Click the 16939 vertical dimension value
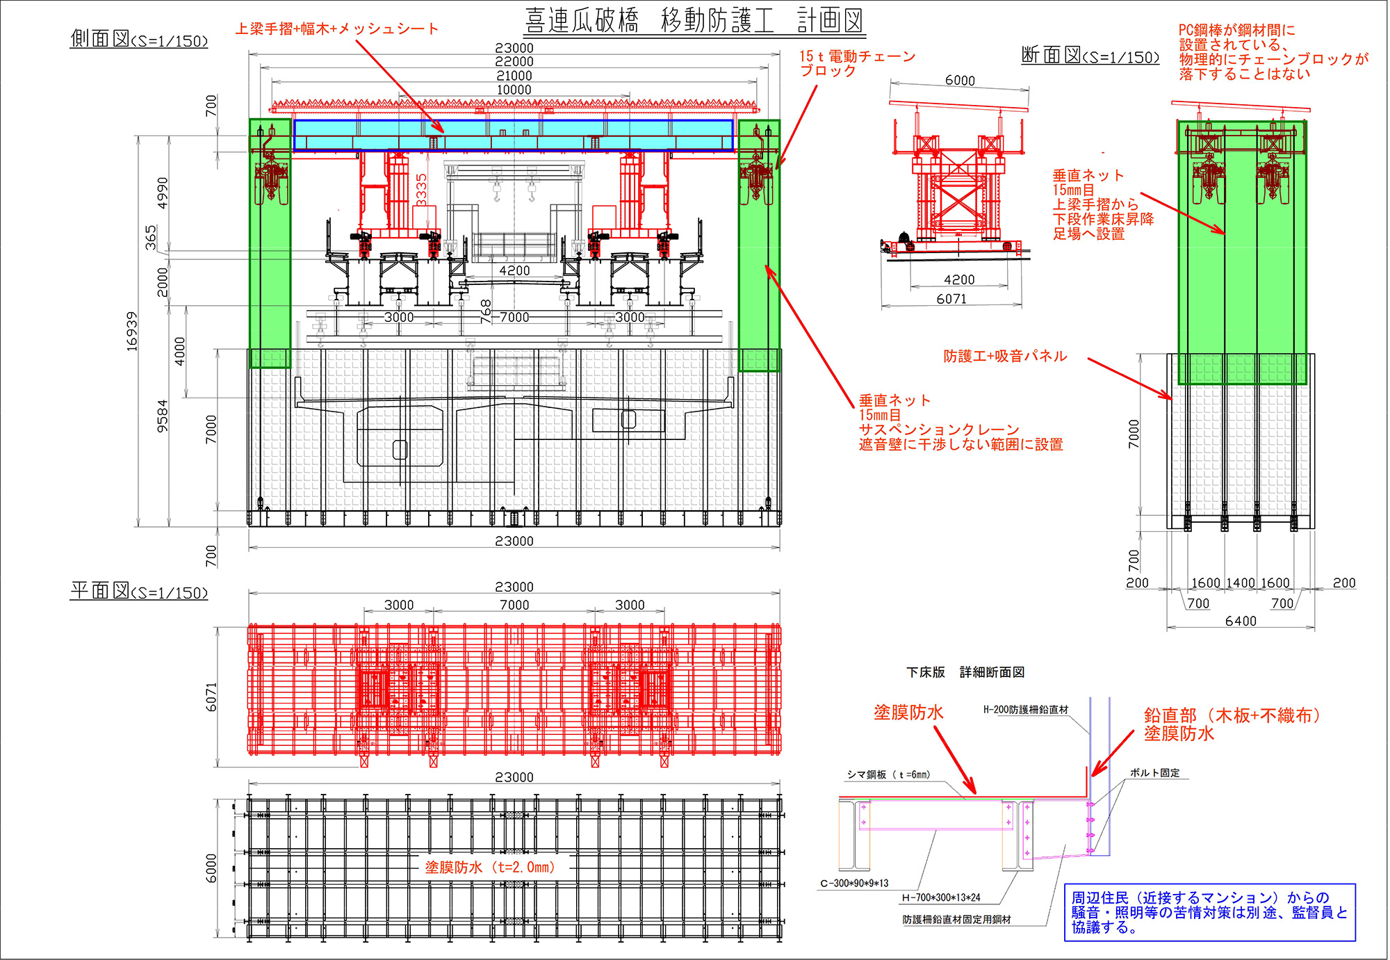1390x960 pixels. point(131,331)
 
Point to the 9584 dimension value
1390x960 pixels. point(162,416)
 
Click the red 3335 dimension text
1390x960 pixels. point(421,189)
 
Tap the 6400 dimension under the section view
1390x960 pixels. point(1241,621)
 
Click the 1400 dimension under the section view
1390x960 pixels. point(1241,583)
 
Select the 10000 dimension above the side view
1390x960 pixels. point(514,90)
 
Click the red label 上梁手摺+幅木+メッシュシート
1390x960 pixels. point(337,29)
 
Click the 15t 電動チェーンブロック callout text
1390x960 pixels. point(856,63)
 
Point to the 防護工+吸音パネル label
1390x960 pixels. point(1005,356)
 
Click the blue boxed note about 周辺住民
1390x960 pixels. point(1209,912)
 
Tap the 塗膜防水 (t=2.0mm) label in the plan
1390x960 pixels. point(490,867)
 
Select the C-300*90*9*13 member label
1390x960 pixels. point(854,884)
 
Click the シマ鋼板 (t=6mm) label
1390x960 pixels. point(888,774)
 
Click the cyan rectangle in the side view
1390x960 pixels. point(513,135)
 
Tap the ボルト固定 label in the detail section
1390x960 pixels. point(1154,772)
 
